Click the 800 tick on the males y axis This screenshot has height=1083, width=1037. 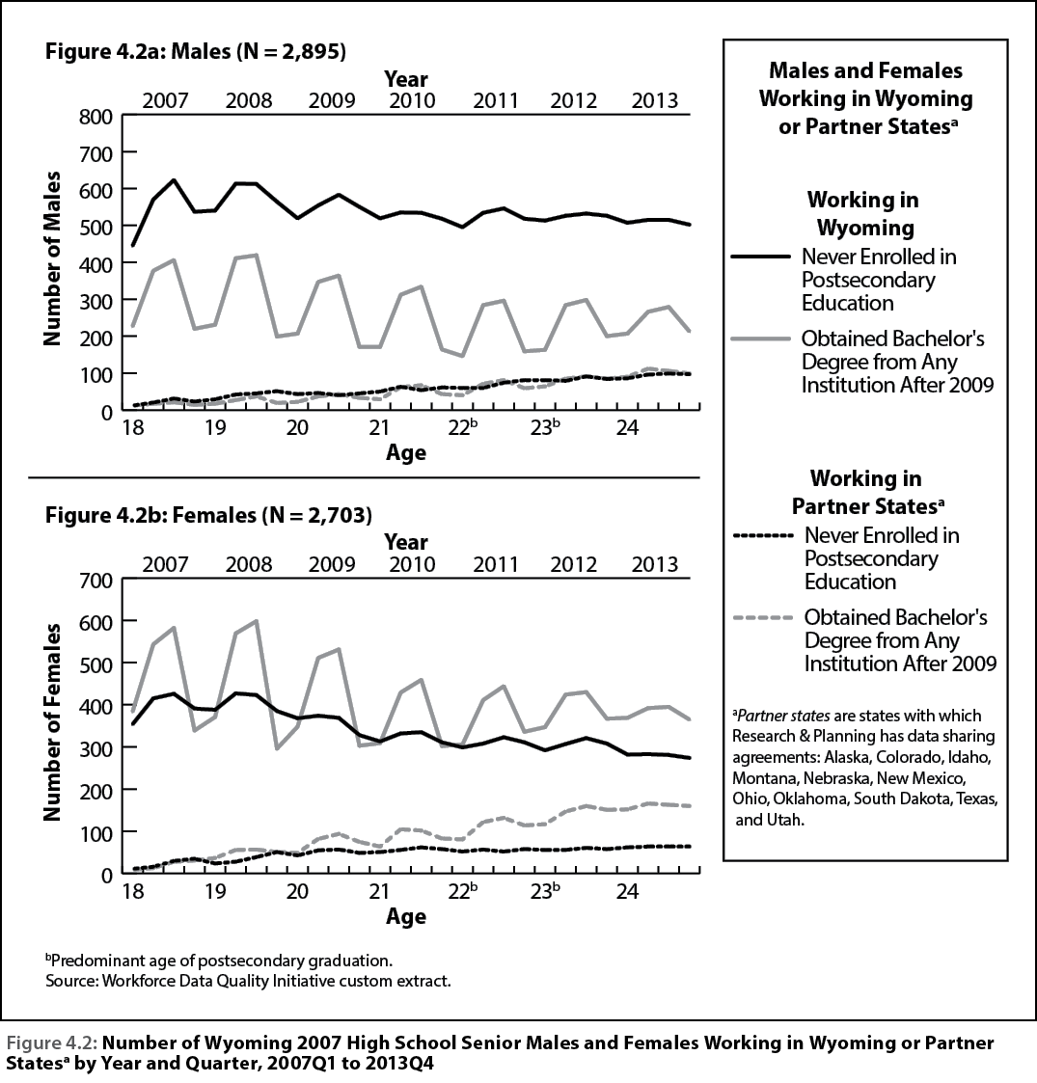coord(96,116)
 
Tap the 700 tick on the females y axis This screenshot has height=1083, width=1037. coord(96,581)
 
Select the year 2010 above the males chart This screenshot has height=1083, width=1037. coord(413,101)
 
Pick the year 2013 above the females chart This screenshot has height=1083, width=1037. coord(655,564)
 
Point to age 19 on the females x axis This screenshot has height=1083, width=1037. coord(215,892)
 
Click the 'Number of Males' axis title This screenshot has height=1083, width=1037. coord(52,258)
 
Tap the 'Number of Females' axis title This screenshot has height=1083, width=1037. coord(52,722)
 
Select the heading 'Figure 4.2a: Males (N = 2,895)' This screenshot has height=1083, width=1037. coord(196,51)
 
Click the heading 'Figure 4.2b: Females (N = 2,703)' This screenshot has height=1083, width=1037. coord(208,515)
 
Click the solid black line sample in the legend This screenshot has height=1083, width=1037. coord(761,257)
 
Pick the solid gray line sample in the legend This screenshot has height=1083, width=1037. coord(761,338)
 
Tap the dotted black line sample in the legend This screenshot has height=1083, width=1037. coord(763,535)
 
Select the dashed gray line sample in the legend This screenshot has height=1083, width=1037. coord(763,617)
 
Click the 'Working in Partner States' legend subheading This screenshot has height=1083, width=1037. coord(867,492)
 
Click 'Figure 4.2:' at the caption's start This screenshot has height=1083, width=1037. coord(51,1042)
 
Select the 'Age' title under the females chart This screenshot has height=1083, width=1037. coord(406,916)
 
